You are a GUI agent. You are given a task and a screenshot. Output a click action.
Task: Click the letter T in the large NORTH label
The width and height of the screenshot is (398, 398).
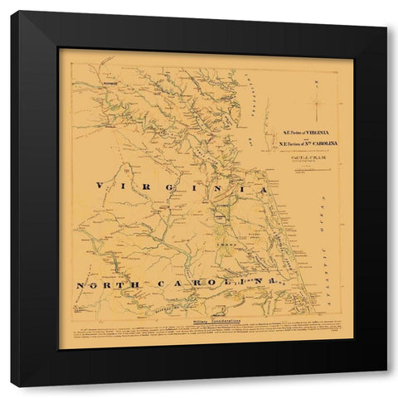pos(129,284)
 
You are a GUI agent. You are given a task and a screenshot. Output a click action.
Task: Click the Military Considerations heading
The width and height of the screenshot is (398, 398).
pos(206,319)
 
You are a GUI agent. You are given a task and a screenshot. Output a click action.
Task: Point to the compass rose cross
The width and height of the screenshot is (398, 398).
pos(319,104)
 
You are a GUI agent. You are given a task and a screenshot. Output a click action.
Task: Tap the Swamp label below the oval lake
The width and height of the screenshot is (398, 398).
pos(222,246)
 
